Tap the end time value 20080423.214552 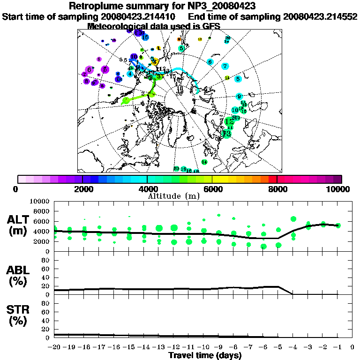(320, 16)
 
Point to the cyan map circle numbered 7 (225, 67)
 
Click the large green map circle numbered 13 (226, 134)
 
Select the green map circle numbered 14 (204, 162)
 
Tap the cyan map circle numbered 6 (210, 62)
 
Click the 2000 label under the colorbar (82, 189)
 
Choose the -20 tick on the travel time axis (55, 347)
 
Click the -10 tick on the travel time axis (203, 347)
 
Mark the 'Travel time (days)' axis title (205, 356)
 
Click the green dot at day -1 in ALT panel (338, 225)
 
